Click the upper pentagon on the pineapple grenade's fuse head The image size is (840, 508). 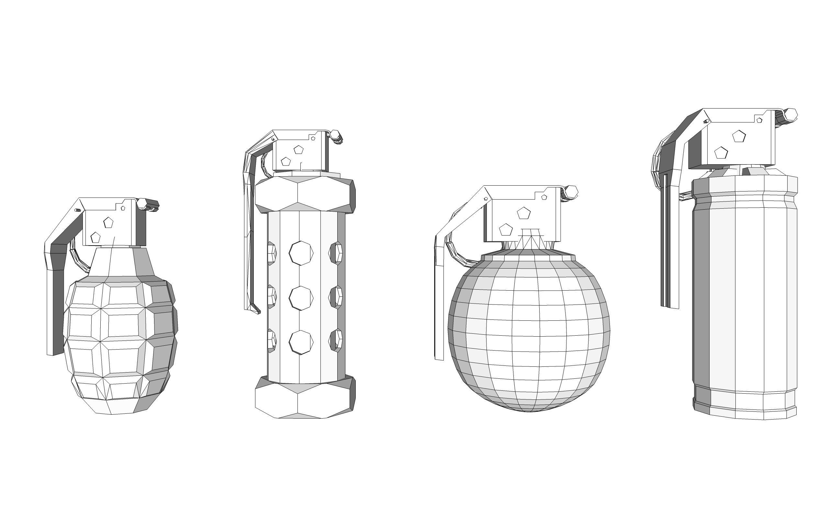tap(108, 223)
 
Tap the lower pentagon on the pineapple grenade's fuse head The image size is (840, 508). tap(95, 237)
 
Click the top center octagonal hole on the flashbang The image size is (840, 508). tap(301, 253)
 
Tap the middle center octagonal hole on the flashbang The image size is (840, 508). tap(301, 298)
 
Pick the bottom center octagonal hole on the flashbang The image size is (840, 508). tap(301, 342)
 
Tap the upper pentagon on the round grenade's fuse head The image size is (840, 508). tap(524, 213)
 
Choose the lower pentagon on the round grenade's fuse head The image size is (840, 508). tap(506, 229)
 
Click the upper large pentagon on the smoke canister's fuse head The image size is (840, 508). tap(739, 136)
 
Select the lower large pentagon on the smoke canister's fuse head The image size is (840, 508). tap(721, 153)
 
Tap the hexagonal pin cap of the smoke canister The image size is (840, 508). tap(790, 115)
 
